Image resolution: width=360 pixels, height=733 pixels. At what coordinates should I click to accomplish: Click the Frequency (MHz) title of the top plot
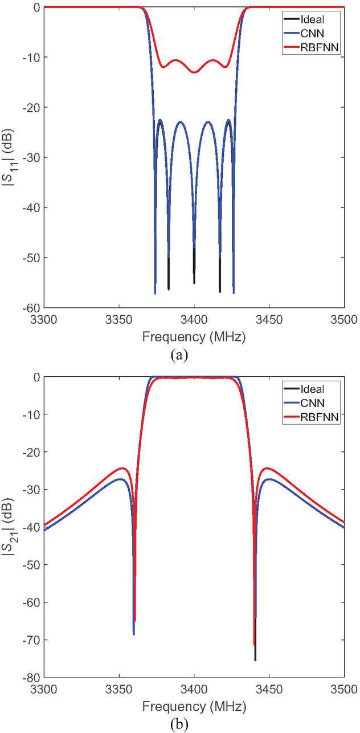pos(194,337)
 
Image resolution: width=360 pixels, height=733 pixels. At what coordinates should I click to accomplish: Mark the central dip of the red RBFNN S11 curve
pos(194,72)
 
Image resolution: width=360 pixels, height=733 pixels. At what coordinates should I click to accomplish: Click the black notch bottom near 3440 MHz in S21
pos(255,659)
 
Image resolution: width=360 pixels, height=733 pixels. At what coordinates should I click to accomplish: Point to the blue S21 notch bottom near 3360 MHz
pos(133,634)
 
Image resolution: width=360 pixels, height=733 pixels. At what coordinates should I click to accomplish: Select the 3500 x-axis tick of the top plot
pos(343,320)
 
